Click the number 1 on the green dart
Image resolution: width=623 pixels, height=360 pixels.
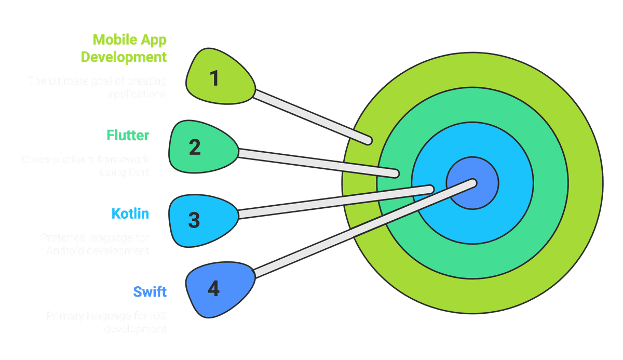[214, 78]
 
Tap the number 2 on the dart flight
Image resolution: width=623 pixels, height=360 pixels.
[195, 147]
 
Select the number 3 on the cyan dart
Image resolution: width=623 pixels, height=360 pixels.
[194, 220]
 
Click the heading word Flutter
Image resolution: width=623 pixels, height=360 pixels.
[128, 136]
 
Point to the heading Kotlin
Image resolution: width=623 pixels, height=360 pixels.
[130, 214]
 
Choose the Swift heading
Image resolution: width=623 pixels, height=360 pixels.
[150, 291]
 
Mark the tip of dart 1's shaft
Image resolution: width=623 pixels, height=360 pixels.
[369, 140]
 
